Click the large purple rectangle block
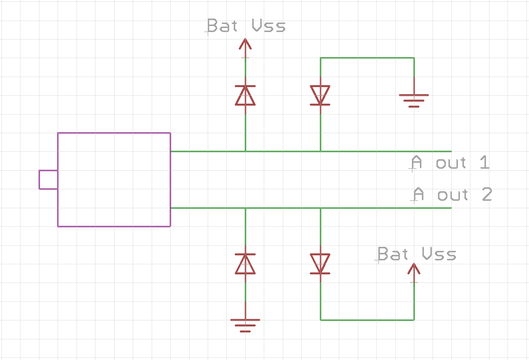[114, 179]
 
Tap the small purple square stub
[48, 180]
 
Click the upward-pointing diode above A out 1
[245, 95]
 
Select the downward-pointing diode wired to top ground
[320, 95]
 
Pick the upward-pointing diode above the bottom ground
[245, 264]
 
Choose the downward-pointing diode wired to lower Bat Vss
[320, 264]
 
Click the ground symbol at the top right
[414, 100]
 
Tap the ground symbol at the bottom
[245, 325]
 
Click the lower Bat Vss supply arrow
[414, 271]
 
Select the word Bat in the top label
[222, 26]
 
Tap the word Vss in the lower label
[439, 254]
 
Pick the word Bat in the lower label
[393, 254]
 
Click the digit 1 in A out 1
[484, 163]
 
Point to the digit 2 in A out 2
[487, 194]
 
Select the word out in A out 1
[451, 163]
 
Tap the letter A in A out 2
[418, 194]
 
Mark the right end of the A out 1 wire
[451, 151]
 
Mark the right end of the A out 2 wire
[451, 208]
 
